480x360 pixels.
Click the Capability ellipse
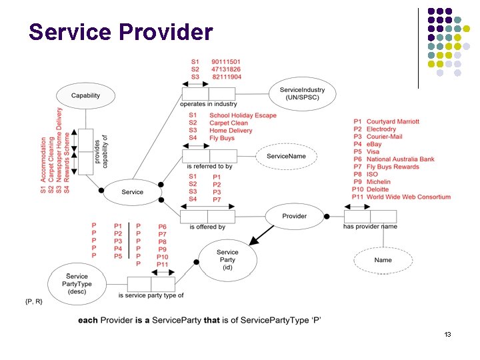(85, 95)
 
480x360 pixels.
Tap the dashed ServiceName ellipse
(286, 156)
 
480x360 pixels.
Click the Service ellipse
(132, 192)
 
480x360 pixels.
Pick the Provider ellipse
(294, 216)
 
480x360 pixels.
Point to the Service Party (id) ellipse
(227, 259)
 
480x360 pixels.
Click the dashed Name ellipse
(383, 260)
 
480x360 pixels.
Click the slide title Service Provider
(121, 31)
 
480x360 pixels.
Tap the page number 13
(447, 334)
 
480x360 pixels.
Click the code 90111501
(227, 61)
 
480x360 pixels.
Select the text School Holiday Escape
(243, 115)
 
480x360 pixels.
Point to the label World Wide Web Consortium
(408, 197)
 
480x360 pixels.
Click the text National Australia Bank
(400, 159)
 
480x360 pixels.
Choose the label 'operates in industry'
(208, 104)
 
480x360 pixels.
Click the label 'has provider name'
(369, 227)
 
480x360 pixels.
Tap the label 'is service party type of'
(151, 295)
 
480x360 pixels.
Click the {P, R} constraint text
(34, 302)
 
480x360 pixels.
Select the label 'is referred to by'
(209, 166)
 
